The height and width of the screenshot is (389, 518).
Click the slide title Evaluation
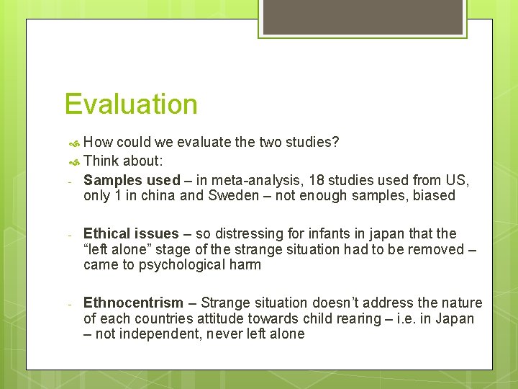pyautogui.click(x=130, y=104)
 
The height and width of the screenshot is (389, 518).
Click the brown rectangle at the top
pyautogui.click(x=362, y=16)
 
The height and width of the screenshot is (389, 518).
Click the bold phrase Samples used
pyautogui.click(x=132, y=180)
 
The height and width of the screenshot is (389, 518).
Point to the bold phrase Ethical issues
pyautogui.click(x=130, y=233)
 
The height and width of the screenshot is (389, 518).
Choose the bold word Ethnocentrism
pyautogui.click(x=134, y=303)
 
